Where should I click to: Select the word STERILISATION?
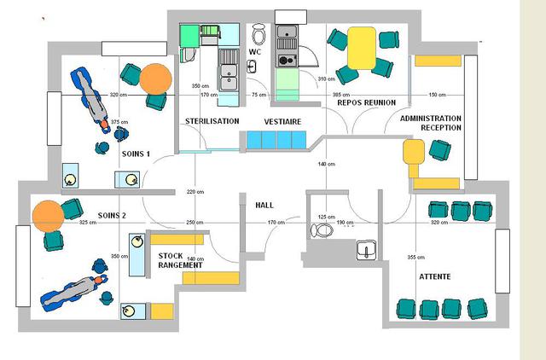(212, 122)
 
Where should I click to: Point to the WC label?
(254, 51)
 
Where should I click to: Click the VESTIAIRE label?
(282, 122)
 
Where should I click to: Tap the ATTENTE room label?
(435, 277)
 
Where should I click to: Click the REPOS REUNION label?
(367, 102)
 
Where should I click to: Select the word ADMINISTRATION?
(431, 119)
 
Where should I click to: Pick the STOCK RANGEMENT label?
(180, 260)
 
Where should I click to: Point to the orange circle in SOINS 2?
(47, 215)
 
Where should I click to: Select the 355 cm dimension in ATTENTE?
(416, 257)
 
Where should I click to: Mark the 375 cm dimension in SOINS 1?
(119, 122)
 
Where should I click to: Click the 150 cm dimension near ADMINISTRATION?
(436, 95)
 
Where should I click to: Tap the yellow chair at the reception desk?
(414, 154)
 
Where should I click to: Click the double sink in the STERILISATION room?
(228, 78)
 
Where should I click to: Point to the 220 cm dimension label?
(195, 192)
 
